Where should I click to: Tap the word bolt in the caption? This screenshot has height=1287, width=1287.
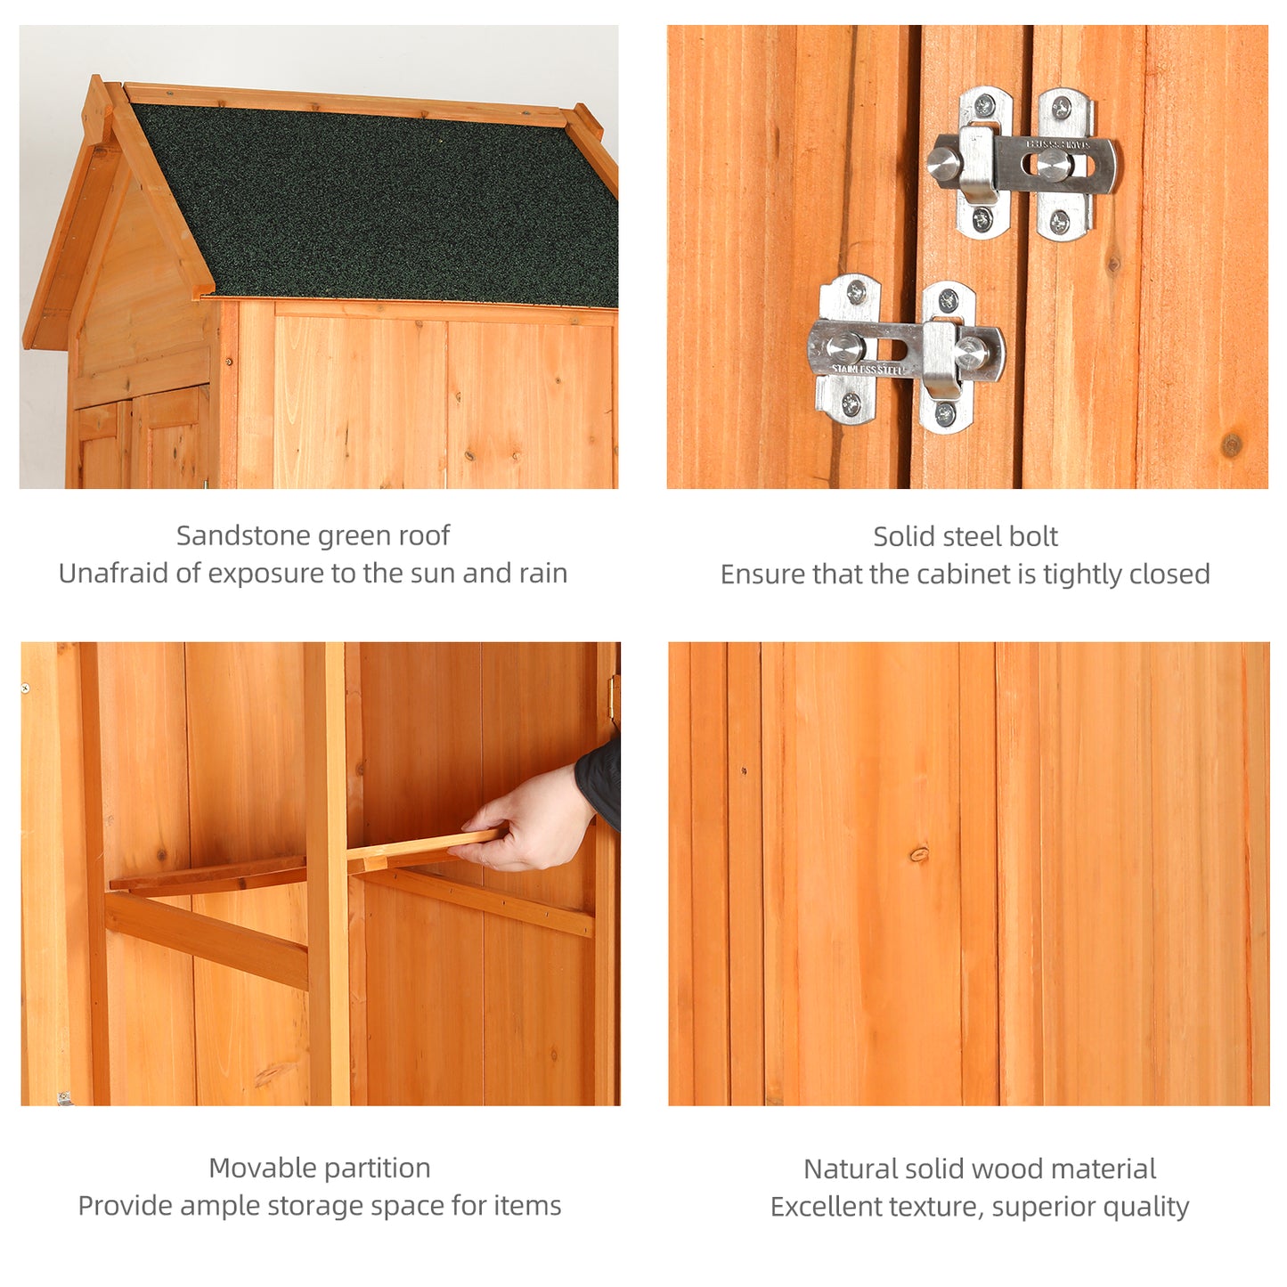1034,536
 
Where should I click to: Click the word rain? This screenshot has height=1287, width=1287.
543,573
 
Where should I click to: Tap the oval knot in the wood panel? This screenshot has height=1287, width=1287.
919,854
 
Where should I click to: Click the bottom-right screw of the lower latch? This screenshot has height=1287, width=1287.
946,413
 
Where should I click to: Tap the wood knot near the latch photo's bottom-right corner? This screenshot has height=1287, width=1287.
1232,444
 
